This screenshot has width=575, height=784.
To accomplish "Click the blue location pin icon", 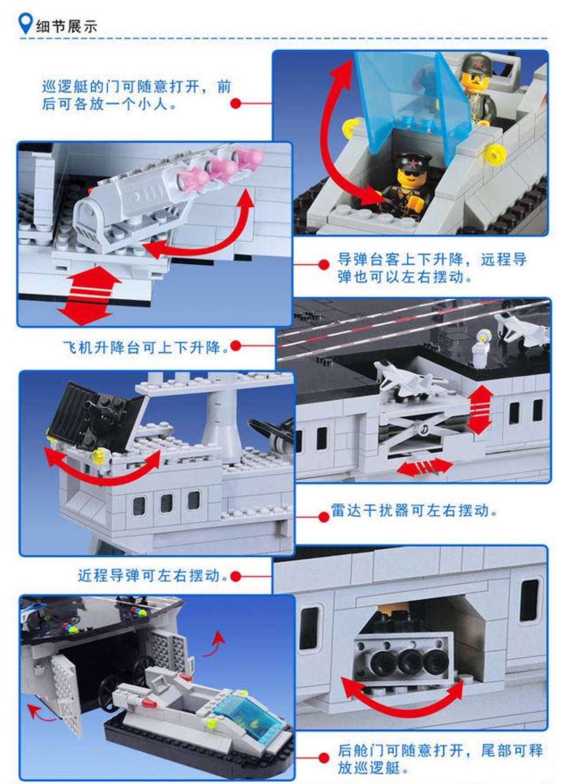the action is [x=26, y=24].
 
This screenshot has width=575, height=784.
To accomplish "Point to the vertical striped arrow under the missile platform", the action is [x=89, y=296].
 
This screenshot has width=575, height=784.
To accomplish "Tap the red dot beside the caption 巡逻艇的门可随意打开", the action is [x=236, y=103].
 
